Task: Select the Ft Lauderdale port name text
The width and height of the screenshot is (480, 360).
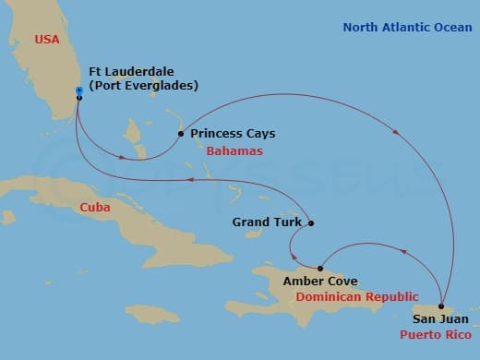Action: coord(129,71)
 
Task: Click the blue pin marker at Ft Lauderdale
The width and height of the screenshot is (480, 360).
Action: coord(79,91)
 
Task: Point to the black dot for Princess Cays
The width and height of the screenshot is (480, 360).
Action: coord(180,133)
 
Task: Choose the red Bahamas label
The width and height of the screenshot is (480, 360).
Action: coord(234,150)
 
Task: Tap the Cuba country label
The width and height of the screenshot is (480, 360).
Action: coord(95,207)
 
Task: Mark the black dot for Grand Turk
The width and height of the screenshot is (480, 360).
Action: coord(311,222)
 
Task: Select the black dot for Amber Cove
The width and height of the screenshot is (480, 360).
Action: coord(320,268)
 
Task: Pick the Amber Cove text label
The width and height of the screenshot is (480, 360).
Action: coord(320,281)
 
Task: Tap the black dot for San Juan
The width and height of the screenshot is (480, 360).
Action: coord(441,306)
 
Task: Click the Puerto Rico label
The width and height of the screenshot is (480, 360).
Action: coord(435,335)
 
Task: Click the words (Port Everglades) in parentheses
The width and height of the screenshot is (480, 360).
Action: coord(143,86)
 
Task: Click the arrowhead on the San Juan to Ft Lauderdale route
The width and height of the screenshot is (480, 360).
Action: coord(396,132)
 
